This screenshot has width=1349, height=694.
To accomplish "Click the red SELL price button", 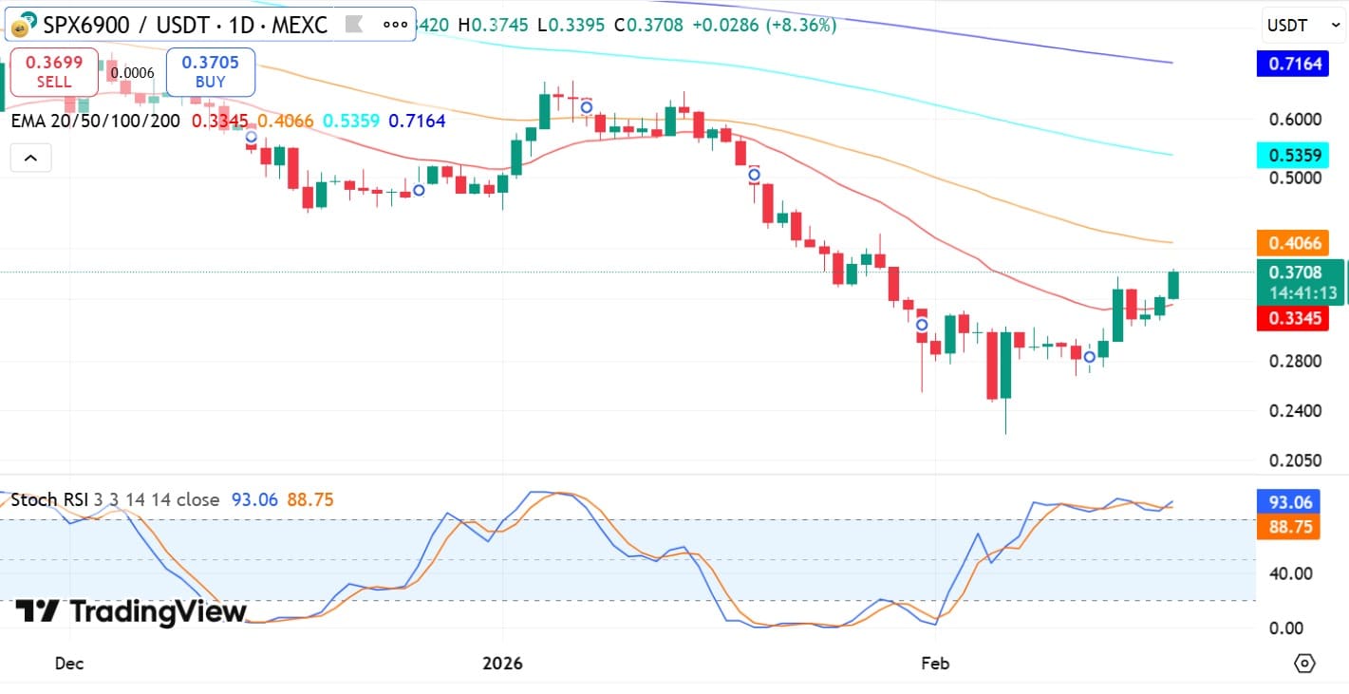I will (54, 72).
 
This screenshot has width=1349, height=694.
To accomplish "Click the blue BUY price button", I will (210, 72).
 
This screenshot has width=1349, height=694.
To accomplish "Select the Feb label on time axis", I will (935, 663).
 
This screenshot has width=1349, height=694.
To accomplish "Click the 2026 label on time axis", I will (502, 663).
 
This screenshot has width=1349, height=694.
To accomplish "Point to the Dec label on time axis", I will (69, 663).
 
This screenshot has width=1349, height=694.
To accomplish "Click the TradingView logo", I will (131, 612).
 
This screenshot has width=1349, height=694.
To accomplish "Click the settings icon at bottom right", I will (1304, 663).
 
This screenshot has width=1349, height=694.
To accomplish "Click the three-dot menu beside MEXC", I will (395, 25).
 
